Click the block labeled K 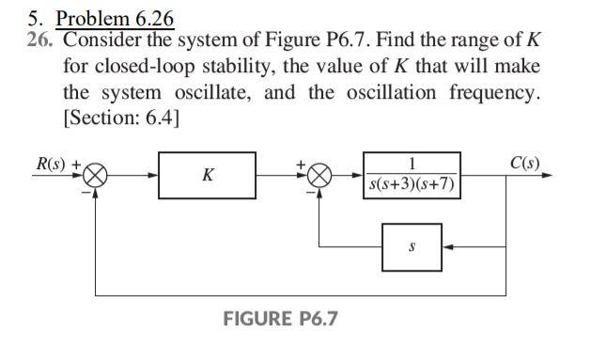[x=206, y=176]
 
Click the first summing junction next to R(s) [x=97, y=176]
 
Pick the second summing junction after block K [x=320, y=176]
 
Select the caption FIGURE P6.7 [x=280, y=319]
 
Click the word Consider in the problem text [x=103, y=42]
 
